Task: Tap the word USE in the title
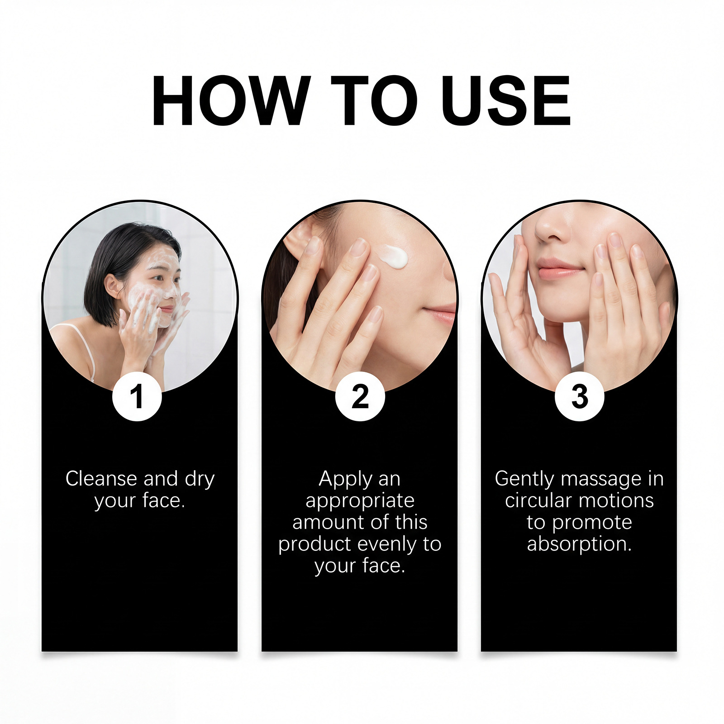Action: pos(506,100)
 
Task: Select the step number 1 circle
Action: pos(137,396)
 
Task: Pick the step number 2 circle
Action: pos(360,396)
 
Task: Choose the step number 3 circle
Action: pos(580,396)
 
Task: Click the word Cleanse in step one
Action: pos(101,478)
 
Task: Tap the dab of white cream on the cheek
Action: pos(394,256)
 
